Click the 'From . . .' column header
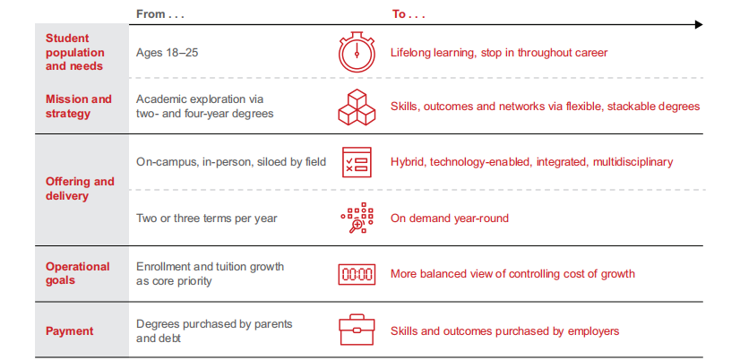(x=159, y=14)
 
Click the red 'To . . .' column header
(x=409, y=14)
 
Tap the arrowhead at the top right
(x=699, y=24)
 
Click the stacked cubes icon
(x=357, y=107)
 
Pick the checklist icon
(x=357, y=162)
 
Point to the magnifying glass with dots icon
(x=357, y=218)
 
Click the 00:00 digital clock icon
(x=357, y=274)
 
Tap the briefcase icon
(x=357, y=330)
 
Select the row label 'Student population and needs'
(x=74, y=52)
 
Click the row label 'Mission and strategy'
(x=78, y=107)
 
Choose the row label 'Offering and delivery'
(x=80, y=188)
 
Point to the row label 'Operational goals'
(x=77, y=273)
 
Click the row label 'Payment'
(x=69, y=330)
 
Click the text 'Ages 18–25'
(x=167, y=52)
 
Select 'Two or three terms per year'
(x=207, y=219)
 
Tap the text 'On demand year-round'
(x=450, y=219)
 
